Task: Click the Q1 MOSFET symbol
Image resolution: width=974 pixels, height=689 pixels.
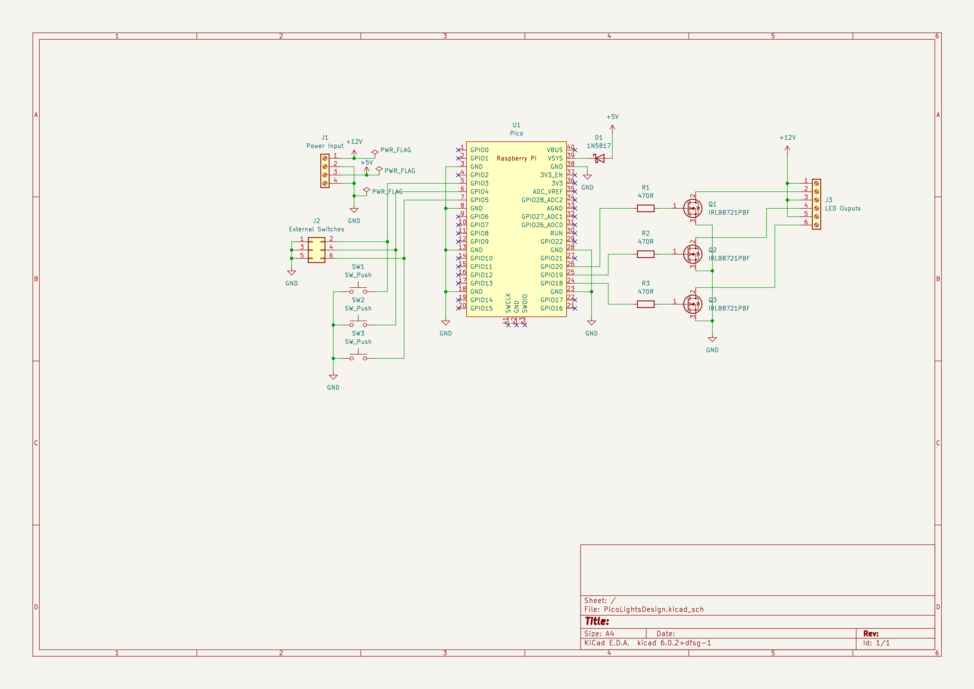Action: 693,208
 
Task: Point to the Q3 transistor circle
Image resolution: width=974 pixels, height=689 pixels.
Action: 693,304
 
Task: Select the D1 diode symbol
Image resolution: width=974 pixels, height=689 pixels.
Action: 599,158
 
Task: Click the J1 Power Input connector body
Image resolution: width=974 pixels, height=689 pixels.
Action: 325,171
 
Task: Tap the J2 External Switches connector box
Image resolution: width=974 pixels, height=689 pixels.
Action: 316,250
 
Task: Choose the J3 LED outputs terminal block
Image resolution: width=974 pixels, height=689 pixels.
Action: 816,204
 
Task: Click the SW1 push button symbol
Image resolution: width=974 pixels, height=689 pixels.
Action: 358,290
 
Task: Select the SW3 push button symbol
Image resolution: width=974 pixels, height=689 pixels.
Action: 358,357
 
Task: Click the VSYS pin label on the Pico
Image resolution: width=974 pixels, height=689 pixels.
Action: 555,158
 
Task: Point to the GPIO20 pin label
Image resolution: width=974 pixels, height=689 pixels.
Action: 552,266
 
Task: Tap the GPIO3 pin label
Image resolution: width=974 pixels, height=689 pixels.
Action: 479,183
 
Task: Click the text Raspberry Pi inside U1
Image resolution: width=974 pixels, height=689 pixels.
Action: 516,158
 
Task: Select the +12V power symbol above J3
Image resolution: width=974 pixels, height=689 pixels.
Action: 787,148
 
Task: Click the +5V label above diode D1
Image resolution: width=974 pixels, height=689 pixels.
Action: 612,117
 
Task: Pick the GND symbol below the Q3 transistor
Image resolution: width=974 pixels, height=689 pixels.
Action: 712,339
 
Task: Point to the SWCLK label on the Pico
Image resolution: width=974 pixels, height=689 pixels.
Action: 508,303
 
